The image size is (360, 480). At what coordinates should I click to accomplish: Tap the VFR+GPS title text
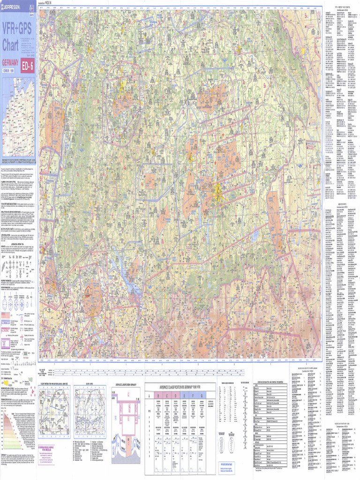[17, 30]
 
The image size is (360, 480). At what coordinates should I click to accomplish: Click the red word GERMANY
[10, 63]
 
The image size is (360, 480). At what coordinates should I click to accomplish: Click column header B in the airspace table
[159, 395]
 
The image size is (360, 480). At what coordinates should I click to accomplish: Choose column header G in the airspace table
[202, 395]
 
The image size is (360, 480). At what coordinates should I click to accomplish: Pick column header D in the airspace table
[176, 395]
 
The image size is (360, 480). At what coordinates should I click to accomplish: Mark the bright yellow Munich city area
[217, 190]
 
